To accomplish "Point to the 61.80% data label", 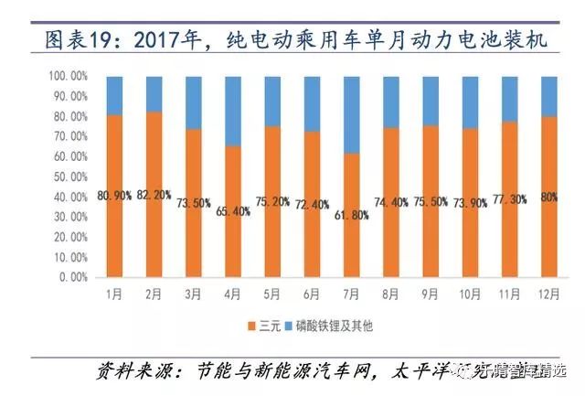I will [352, 215].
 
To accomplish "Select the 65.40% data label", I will [233, 210].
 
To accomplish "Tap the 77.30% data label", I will [510, 197].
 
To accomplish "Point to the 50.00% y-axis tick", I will [67, 177].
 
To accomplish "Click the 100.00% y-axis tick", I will [64, 77].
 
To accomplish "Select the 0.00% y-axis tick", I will [69, 276].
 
